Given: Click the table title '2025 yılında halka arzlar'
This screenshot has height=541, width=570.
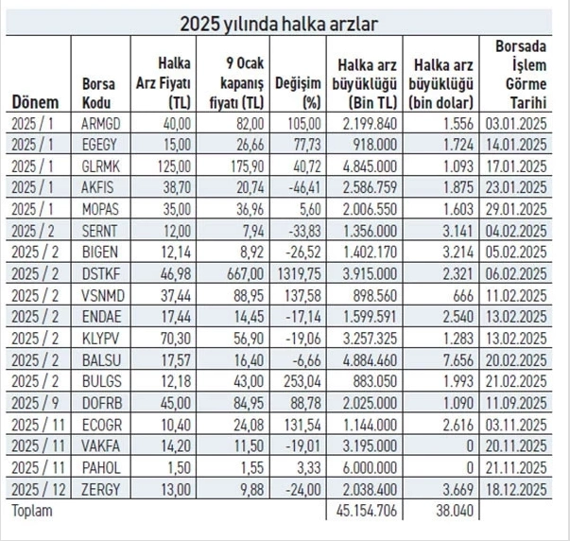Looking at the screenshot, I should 284,22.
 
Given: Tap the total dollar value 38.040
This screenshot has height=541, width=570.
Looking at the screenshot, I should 440,511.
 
